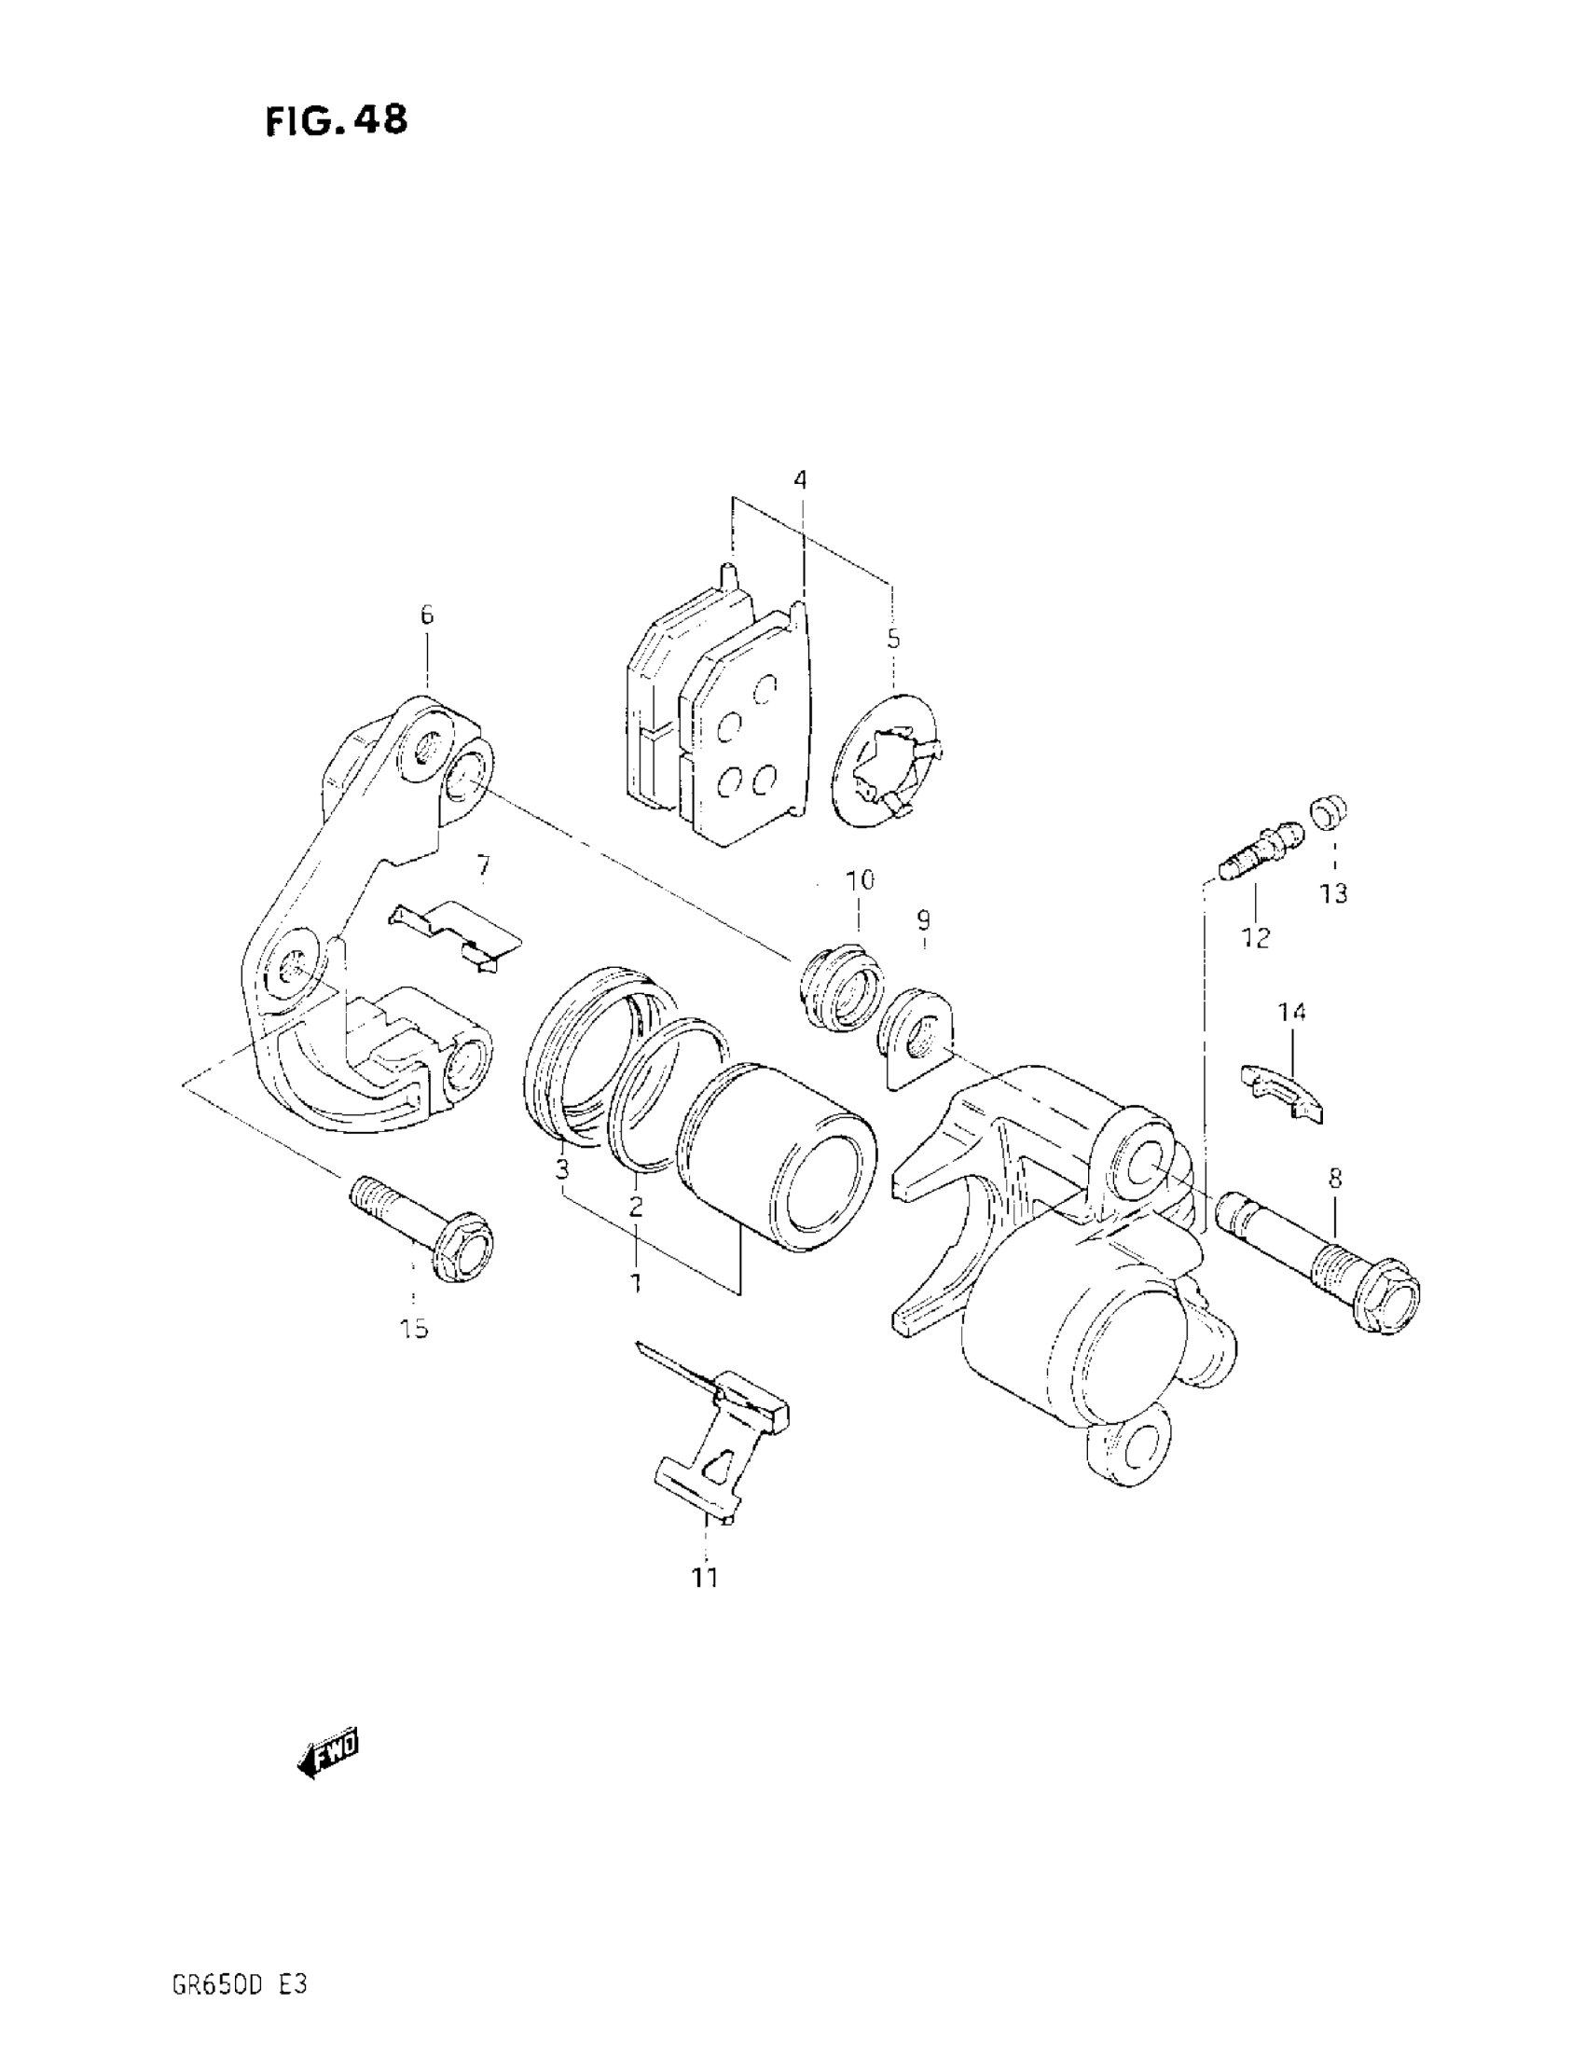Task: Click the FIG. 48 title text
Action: tap(337, 120)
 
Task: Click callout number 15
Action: tap(414, 1329)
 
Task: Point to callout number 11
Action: tap(705, 1577)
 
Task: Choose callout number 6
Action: tap(427, 615)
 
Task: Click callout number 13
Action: tap(1333, 893)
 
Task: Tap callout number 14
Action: tap(1292, 1013)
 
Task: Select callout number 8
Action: tap(1335, 1177)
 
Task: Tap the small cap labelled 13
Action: tap(1328, 811)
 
